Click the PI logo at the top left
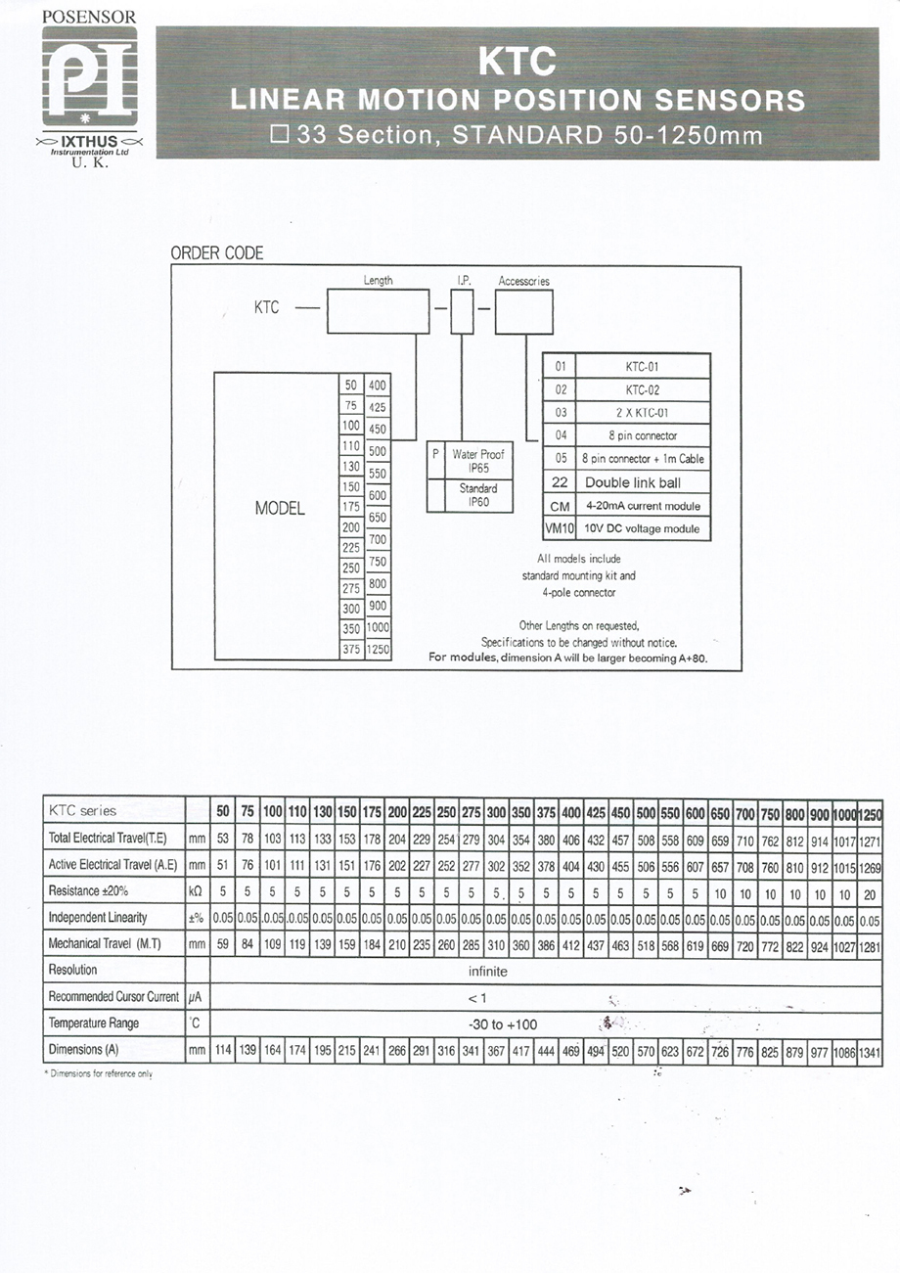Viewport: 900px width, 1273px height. tap(90, 76)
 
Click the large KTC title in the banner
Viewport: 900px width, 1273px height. tap(517, 61)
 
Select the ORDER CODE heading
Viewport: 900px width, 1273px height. tap(217, 252)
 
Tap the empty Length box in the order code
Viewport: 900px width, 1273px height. tap(378, 311)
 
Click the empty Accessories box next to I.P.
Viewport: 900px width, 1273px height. tap(524, 312)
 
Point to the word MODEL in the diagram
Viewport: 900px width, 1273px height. tap(280, 508)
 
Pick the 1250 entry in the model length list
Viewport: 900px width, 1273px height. tap(378, 649)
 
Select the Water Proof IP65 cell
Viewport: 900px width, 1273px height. tap(478, 461)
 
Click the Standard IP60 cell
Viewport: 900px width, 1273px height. tap(478, 495)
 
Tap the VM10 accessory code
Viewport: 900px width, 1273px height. tap(560, 528)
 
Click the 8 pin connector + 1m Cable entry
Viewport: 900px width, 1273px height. tap(643, 459)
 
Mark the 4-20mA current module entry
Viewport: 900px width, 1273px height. tap(643, 506)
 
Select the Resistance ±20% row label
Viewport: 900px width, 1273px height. tap(88, 890)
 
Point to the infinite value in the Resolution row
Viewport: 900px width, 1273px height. tap(487, 972)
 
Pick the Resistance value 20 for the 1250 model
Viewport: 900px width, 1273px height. tap(870, 894)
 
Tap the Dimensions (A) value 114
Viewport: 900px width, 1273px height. tap(223, 1050)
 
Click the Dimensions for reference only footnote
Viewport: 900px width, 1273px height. tap(98, 1073)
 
